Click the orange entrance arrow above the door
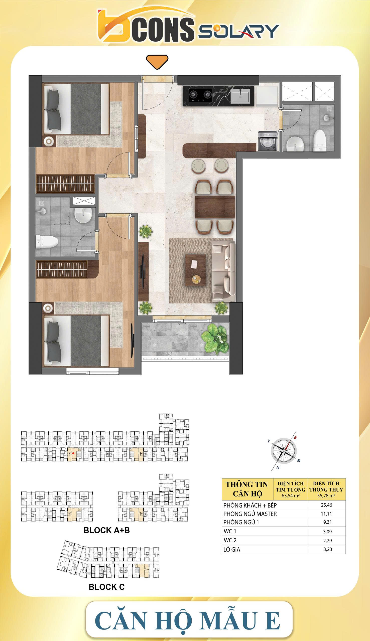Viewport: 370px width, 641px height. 157,61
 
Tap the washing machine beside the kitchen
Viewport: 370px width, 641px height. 268,141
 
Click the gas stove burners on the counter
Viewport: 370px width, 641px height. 200,95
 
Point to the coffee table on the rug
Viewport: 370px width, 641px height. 195,270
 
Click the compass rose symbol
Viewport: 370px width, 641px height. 284,451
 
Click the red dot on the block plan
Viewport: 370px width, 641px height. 73,453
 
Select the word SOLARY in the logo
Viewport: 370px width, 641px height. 239,31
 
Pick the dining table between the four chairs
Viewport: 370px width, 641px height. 215,207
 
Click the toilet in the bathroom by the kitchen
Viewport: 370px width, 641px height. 320,140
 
